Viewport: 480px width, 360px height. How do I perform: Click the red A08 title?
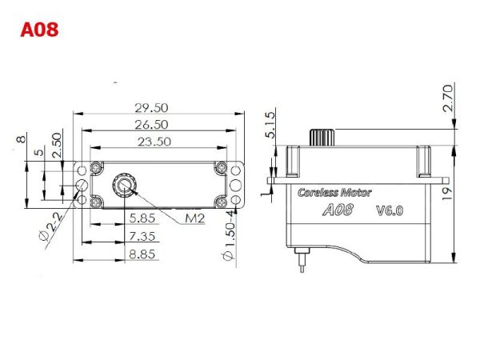point(39,30)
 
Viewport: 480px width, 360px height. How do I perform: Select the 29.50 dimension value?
point(151,108)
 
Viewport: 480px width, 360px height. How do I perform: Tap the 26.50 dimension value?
point(151,125)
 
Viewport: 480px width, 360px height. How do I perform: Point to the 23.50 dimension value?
point(154,142)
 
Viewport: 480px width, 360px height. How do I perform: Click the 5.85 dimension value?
point(142,218)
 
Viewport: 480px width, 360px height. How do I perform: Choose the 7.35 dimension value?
point(142,236)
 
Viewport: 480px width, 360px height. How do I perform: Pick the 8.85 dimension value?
point(142,254)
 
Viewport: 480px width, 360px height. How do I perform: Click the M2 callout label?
point(194,218)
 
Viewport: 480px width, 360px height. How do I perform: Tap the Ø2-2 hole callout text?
point(51,226)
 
